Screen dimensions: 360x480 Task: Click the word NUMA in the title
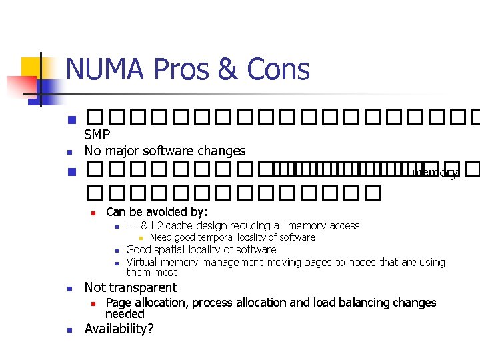[x=106, y=69]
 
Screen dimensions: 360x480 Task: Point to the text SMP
[x=97, y=135]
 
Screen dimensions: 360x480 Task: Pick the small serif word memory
[x=435, y=173]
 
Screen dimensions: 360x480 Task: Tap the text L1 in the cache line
[x=131, y=226]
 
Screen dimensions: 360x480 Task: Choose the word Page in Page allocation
[x=118, y=303]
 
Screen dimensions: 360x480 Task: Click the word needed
[x=125, y=313]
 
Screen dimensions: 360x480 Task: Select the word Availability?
[x=117, y=329]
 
